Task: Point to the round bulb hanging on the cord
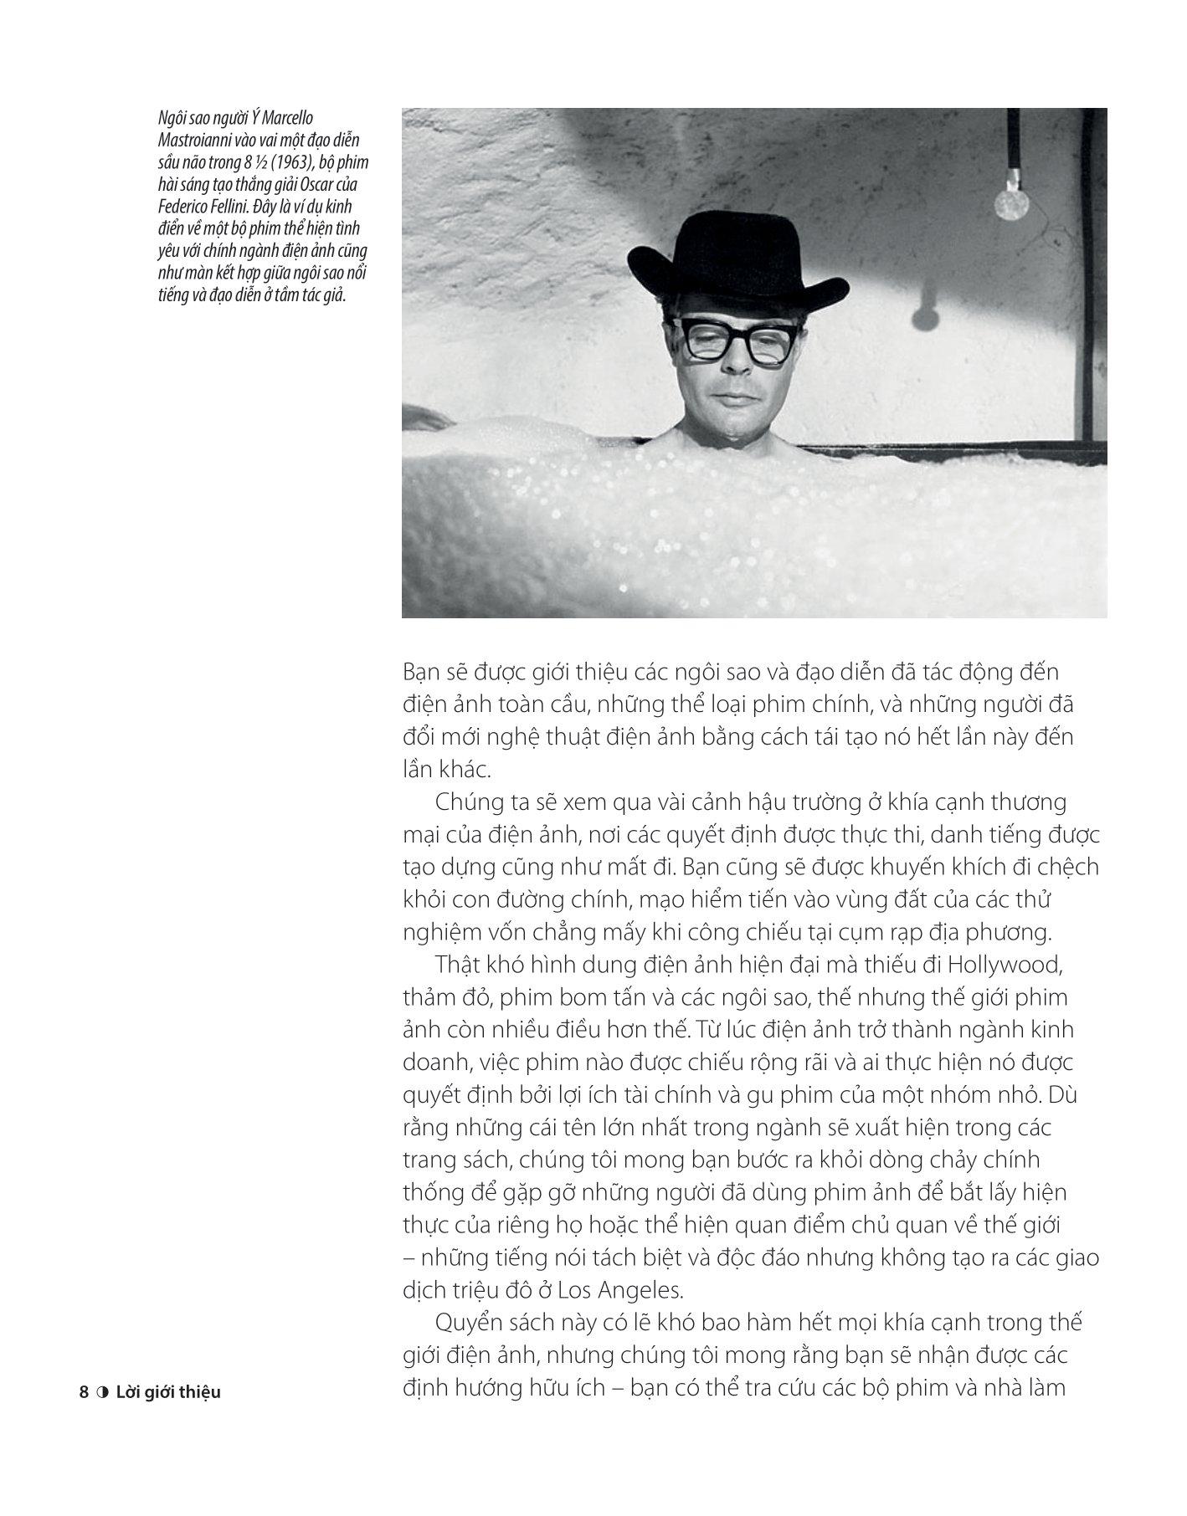[x=1010, y=202]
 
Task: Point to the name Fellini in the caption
[x=242, y=207]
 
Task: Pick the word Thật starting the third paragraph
[x=459, y=965]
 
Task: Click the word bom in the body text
[x=568, y=997]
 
